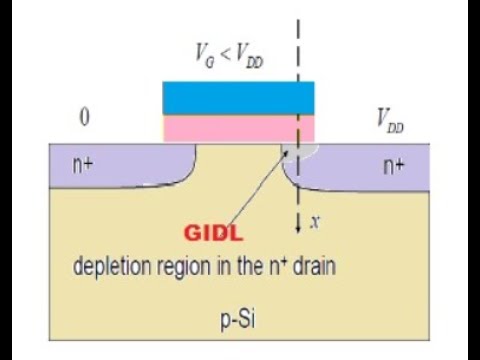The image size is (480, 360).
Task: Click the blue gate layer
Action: pyautogui.click(x=238, y=97)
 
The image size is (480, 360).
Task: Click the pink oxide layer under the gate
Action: pyautogui.click(x=238, y=127)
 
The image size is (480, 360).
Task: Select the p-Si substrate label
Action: pyautogui.click(x=239, y=321)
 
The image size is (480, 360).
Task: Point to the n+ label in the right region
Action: pyautogui.click(x=394, y=167)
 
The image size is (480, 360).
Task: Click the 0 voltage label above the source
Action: pyautogui.click(x=85, y=119)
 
